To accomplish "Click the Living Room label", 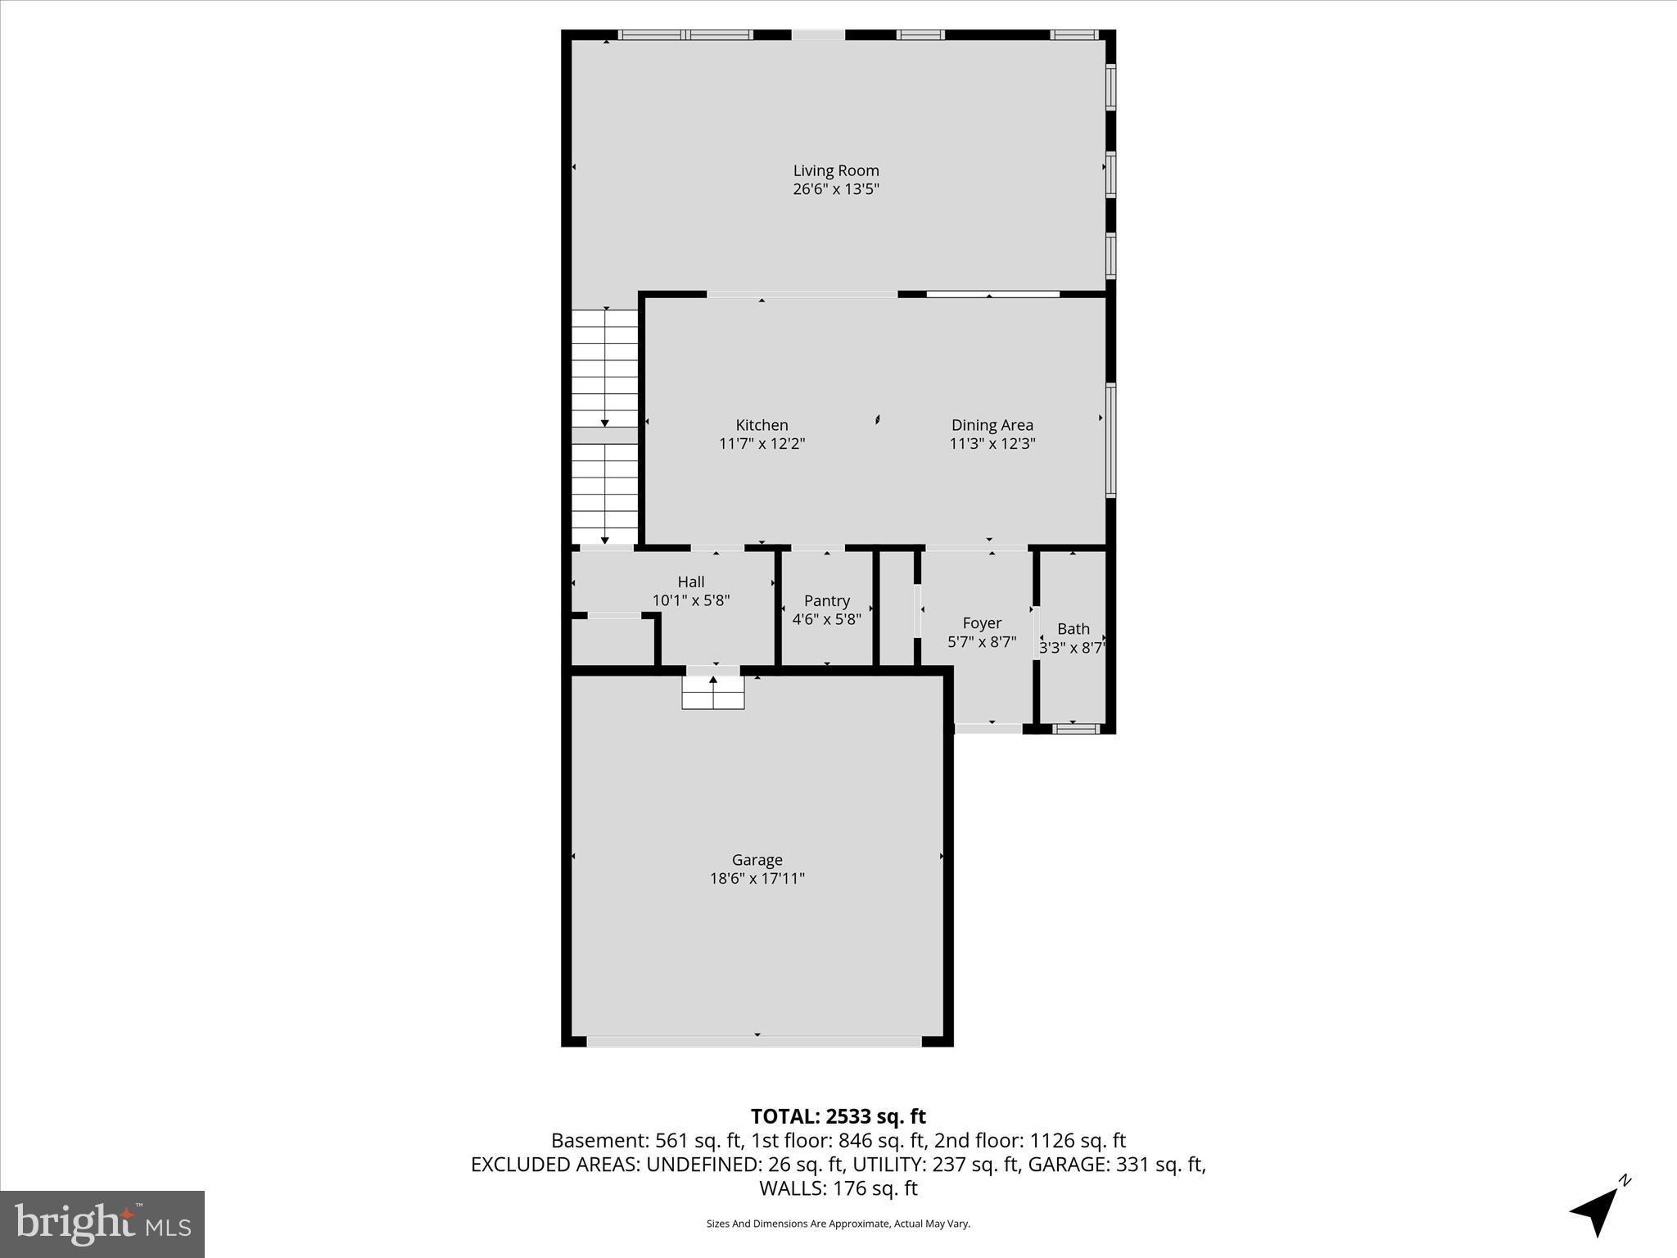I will (835, 170).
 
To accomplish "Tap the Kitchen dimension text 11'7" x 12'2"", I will (762, 444).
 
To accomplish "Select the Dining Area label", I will (992, 425).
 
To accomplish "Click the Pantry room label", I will (826, 601).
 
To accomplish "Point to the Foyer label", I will (982, 623).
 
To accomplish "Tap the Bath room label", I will (1073, 629).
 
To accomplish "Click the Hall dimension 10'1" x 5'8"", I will (690, 600).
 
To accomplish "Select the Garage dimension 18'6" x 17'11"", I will (757, 879).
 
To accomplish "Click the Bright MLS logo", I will (102, 1224).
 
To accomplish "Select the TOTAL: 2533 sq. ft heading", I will (838, 1116).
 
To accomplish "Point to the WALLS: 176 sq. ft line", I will (838, 1188).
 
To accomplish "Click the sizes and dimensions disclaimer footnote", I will (838, 1224).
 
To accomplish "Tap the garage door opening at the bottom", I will (754, 1042).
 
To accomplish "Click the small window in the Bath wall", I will (1076, 728).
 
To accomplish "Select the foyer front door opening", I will (988, 728).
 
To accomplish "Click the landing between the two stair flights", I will (604, 435).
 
